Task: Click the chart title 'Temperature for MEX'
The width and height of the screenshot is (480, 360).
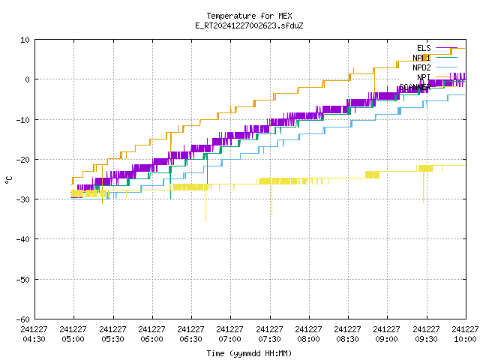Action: pos(249,16)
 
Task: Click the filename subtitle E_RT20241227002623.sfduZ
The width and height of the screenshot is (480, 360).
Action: pos(249,25)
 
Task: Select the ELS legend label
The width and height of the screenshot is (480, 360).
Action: pos(424,49)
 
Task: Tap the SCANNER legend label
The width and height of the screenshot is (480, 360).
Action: pos(415,87)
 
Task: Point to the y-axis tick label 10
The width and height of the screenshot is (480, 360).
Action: pos(25,40)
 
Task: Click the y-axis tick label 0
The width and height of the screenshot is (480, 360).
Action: pos(28,79)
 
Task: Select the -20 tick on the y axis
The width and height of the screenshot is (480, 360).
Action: pos(23,160)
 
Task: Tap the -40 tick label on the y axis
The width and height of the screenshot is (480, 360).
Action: pos(23,239)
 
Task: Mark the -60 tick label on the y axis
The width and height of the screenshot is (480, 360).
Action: pos(23,319)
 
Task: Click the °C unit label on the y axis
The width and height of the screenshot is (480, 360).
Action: pos(9,179)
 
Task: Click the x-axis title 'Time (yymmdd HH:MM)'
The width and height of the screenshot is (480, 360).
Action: pos(249,353)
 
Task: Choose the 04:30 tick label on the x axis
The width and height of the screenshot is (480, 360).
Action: pos(34,334)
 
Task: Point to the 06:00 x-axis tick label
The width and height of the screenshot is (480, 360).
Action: pos(151,334)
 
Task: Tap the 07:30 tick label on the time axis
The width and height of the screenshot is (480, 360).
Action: pos(269,334)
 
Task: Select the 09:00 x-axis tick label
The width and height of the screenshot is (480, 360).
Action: pos(387,334)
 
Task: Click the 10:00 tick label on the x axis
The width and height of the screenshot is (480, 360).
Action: pos(466,334)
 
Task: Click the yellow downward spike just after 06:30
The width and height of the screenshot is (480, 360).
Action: pos(205,210)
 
